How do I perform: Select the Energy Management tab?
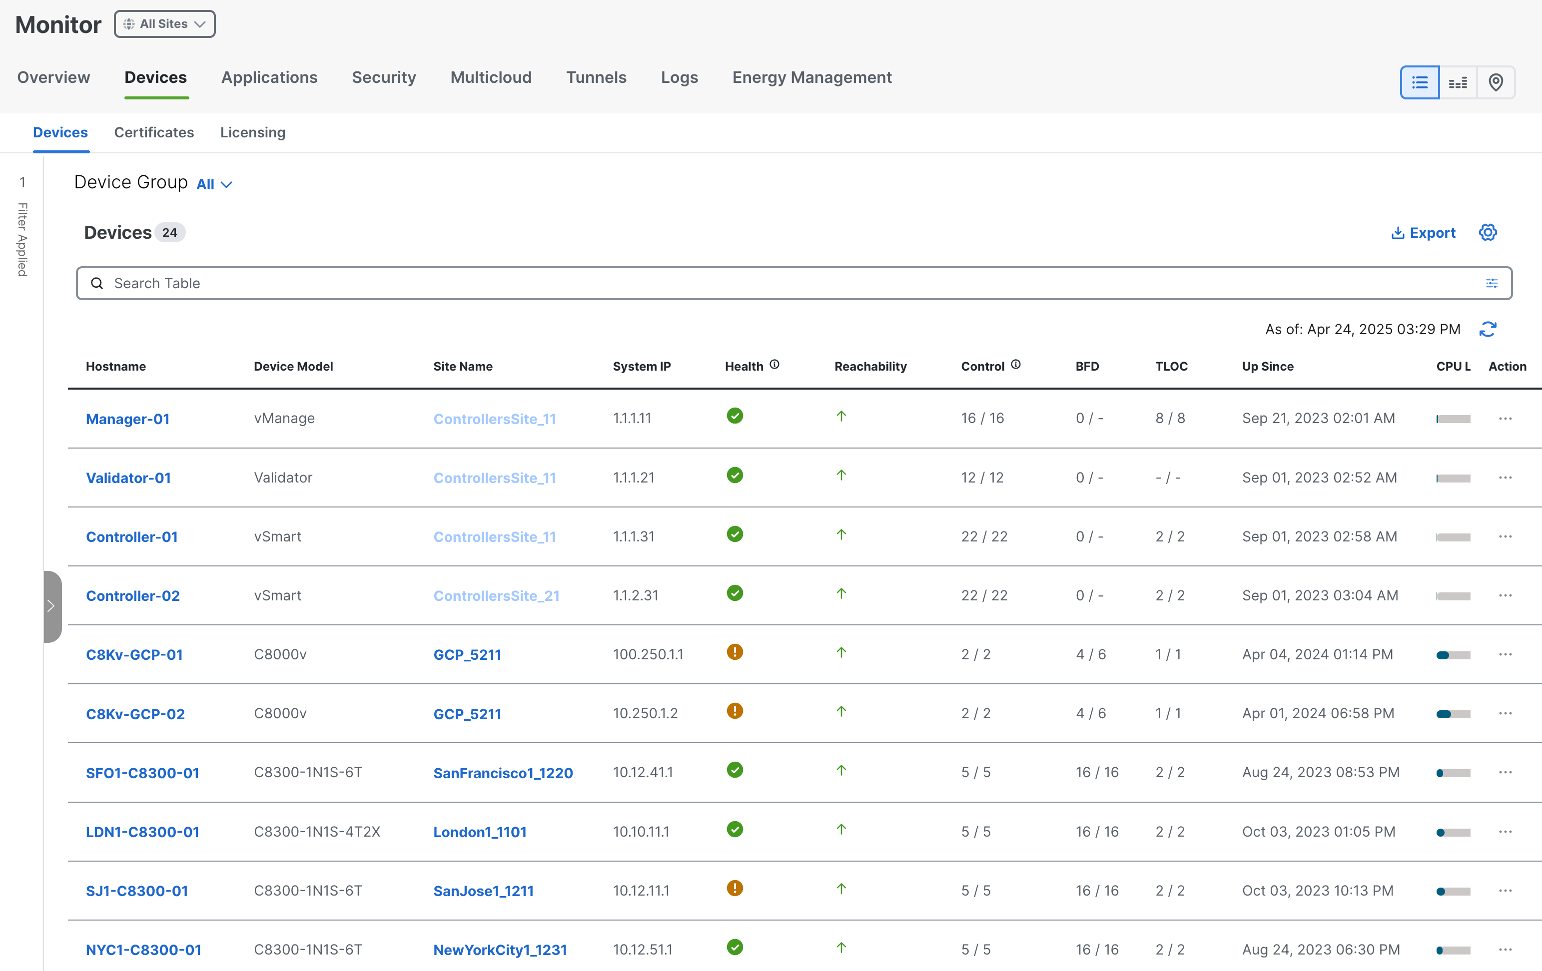(811, 77)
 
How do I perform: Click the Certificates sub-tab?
(154, 132)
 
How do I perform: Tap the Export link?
(1424, 233)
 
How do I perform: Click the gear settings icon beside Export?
(1488, 232)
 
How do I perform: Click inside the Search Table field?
(794, 283)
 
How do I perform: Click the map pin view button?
(1495, 82)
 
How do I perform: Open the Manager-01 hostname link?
(127, 419)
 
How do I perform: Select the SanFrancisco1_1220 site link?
(503, 773)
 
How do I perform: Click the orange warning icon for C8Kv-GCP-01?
(735, 652)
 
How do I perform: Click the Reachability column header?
(870, 366)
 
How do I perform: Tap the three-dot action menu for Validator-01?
(1505, 478)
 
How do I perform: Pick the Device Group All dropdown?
(214, 184)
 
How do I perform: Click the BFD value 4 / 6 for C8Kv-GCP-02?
(1090, 714)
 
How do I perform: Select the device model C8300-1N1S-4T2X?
(317, 832)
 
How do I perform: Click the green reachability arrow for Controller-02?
(841, 593)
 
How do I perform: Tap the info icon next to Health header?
(774, 365)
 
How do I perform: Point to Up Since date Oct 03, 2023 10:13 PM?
(1317, 891)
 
